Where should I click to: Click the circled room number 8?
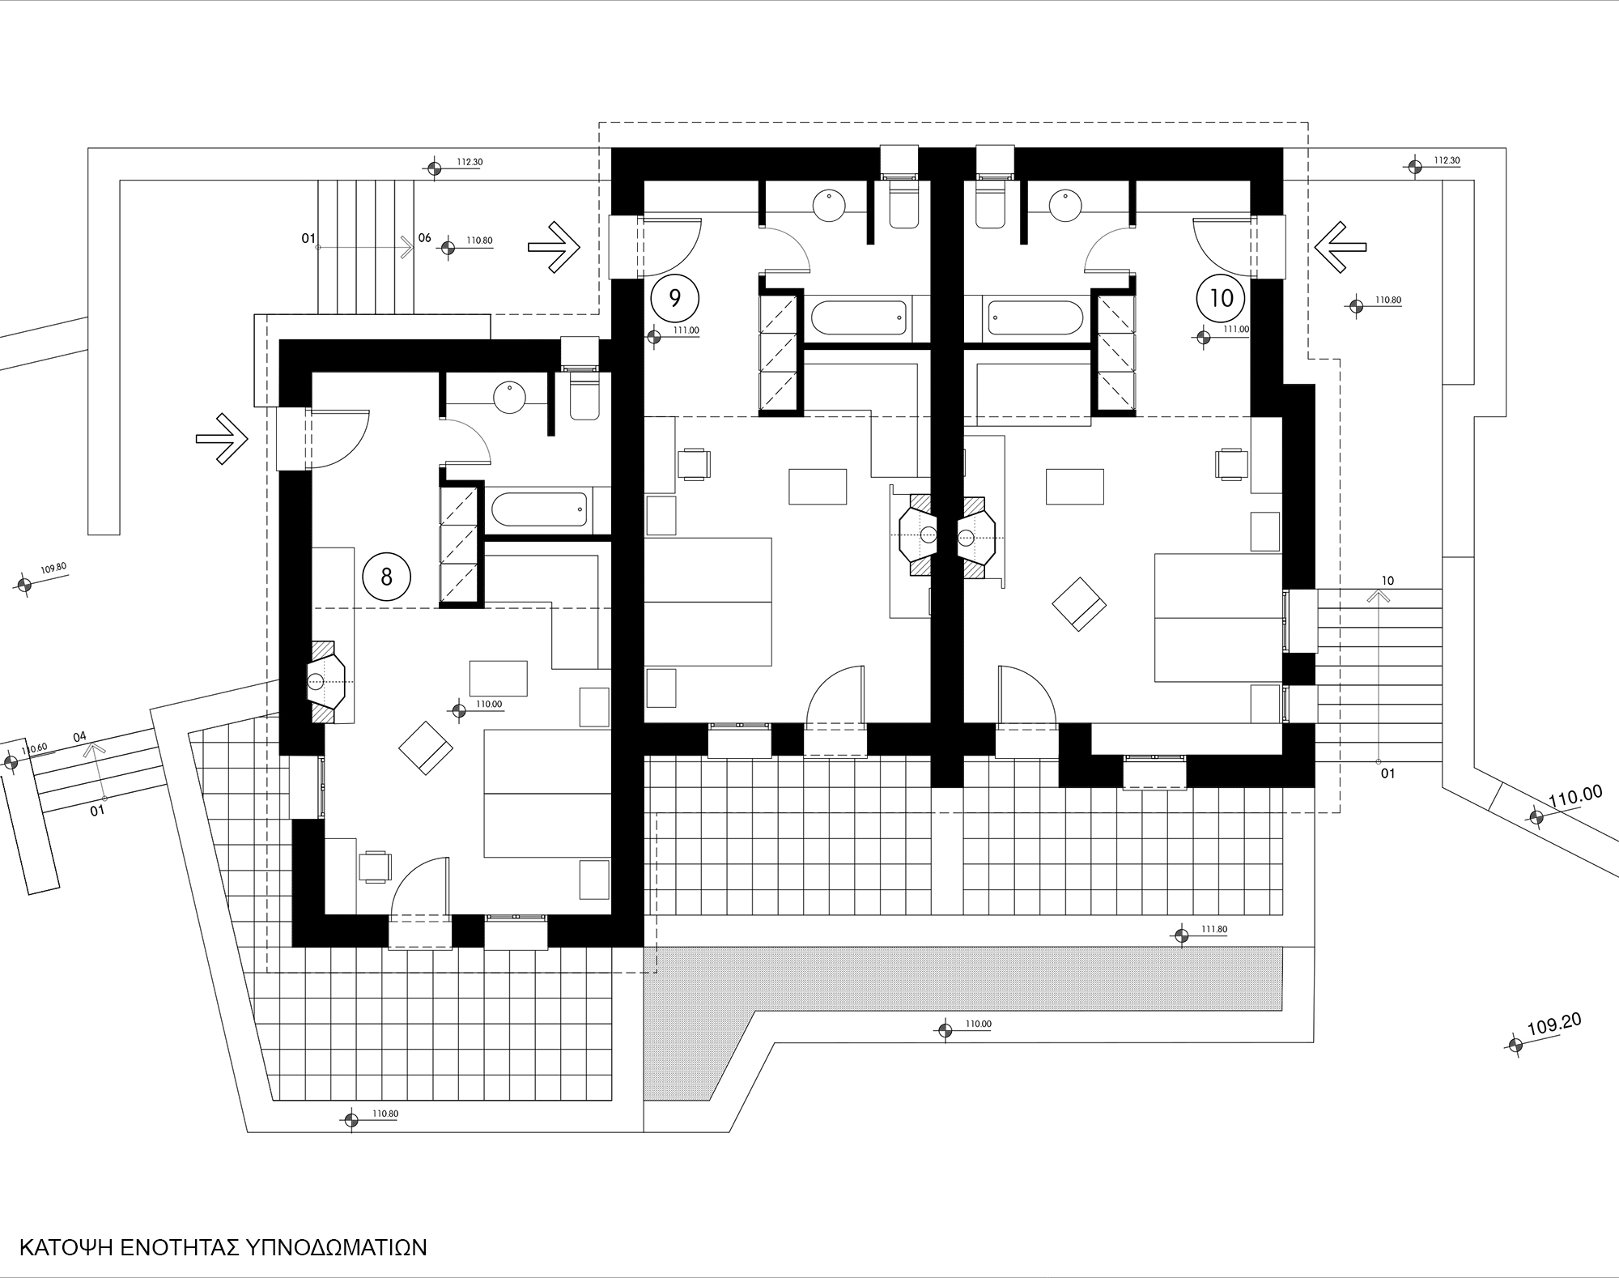click(x=386, y=577)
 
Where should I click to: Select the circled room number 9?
click(x=674, y=297)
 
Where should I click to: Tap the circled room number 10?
click(x=1221, y=298)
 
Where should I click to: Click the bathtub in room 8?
click(x=539, y=508)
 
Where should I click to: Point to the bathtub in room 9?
click(x=859, y=317)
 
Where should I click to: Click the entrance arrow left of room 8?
click(x=222, y=439)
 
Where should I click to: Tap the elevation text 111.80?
click(x=1214, y=929)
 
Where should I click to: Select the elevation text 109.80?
click(x=53, y=569)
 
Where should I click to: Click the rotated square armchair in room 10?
click(x=1078, y=603)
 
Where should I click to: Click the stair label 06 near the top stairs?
click(x=425, y=238)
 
